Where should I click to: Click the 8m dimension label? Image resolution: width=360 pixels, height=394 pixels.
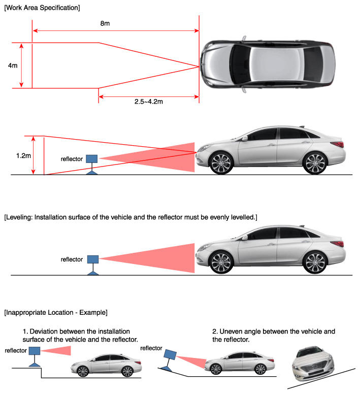[105, 24]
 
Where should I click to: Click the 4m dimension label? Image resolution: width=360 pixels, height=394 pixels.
[13, 65]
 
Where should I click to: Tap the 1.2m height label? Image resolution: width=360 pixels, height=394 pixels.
[23, 155]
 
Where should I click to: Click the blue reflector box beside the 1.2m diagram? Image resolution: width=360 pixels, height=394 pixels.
[92, 159]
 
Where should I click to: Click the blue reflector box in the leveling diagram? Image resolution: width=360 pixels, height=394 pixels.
[92, 259]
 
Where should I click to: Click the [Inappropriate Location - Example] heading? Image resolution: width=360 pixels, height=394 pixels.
[56, 311]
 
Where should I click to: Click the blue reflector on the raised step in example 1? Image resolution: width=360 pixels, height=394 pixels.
[35, 350]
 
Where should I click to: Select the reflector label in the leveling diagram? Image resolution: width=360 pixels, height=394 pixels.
[72, 259]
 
